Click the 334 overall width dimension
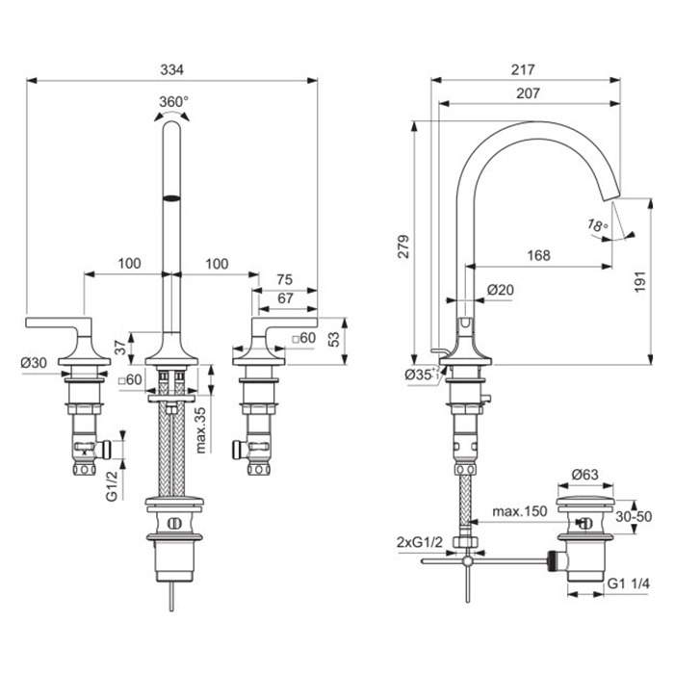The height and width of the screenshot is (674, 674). click(171, 69)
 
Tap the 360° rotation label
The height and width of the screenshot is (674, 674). click(172, 100)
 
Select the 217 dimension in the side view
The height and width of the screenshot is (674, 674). click(524, 69)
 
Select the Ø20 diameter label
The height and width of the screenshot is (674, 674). click(500, 289)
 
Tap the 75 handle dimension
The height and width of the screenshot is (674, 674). click(284, 279)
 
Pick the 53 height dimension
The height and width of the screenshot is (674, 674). click(331, 338)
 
